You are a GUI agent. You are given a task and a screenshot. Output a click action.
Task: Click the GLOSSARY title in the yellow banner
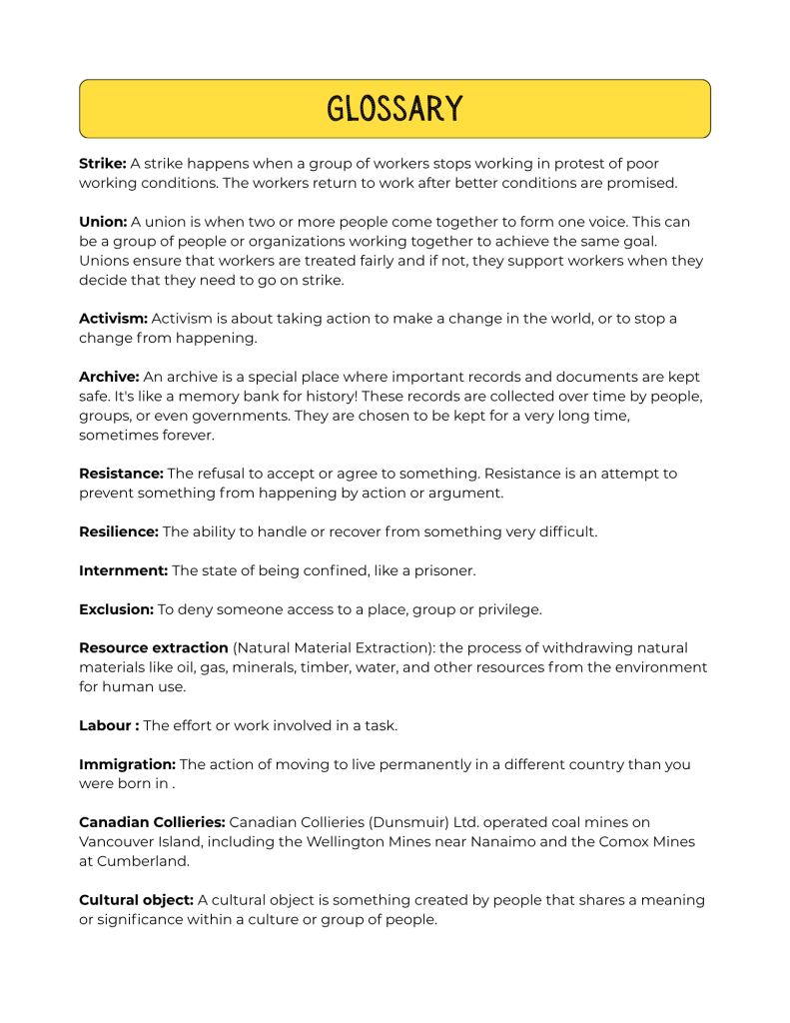coord(395,108)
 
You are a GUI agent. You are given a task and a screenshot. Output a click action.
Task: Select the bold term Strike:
coord(103,164)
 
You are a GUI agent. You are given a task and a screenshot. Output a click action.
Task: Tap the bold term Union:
coord(103,222)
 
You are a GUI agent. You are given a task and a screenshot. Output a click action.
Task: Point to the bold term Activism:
coord(113,319)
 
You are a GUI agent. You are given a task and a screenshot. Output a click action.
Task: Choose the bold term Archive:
coord(109,377)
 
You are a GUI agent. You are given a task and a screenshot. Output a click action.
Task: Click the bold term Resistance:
coord(121,474)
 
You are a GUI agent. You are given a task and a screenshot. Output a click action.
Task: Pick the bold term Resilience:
coord(119,531)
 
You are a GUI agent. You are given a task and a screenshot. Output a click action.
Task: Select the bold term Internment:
coord(124,570)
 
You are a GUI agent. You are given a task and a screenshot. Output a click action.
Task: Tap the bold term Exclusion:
coord(116,609)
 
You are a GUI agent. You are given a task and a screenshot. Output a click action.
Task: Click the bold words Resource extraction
coord(154,648)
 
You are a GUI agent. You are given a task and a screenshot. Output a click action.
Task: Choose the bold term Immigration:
coord(127,764)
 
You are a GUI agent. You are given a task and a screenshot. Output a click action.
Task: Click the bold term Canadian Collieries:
coord(152,822)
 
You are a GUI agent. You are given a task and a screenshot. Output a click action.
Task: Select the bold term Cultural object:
coord(136,900)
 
